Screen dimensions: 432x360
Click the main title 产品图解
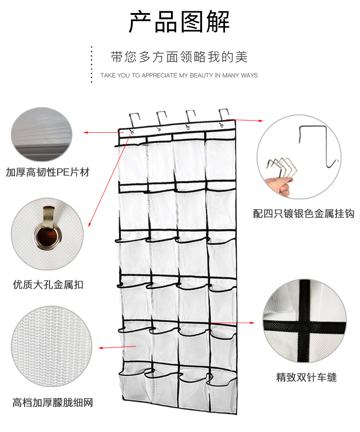[x=180, y=22]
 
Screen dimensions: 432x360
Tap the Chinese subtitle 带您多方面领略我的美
[x=180, y=57]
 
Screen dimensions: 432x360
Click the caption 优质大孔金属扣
[x=48, y=284]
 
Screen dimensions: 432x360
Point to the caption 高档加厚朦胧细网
[x=53, y=402]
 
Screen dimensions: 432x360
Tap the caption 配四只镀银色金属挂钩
[x=304, y=214]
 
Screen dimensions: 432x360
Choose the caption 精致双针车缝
[x=306, y=377]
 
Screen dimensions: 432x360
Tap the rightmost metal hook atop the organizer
[x=223, y=117]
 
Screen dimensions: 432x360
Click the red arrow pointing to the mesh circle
[x=117, y=347]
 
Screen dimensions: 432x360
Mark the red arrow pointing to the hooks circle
[x=250, y=121]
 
